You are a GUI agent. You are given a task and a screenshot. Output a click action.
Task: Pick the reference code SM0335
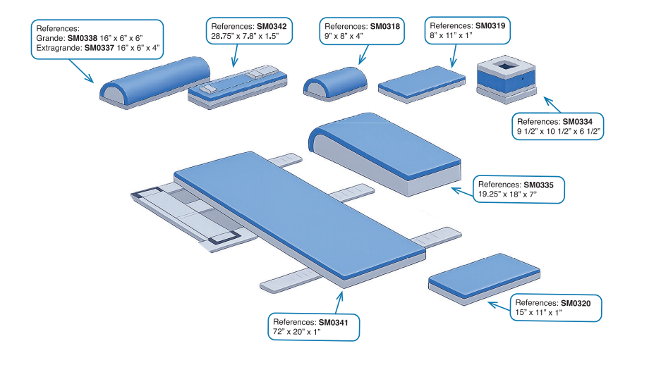click(538, 185)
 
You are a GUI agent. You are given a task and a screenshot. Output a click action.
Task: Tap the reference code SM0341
click(341, 321)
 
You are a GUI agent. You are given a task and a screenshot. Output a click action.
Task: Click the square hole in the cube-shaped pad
click(506, 66)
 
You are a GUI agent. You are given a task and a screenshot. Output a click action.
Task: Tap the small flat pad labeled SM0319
click(422, 80)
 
